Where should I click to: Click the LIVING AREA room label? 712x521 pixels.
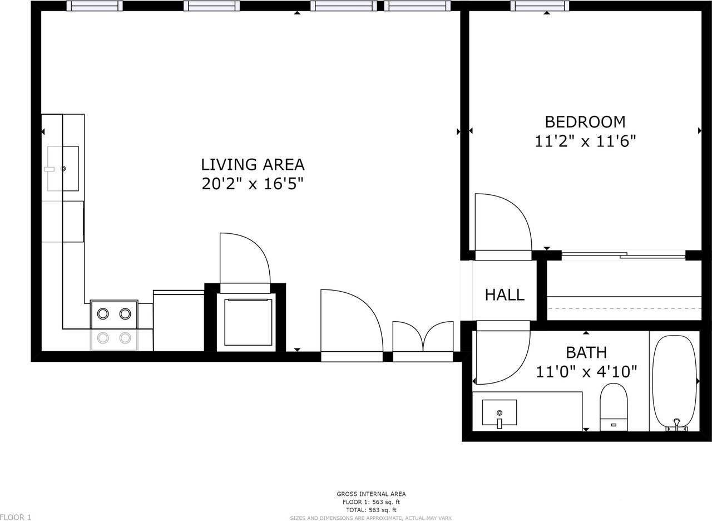[x=253, y=165]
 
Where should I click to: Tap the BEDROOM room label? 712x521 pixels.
[x=585, y=122]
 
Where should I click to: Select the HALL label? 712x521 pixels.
[x=505, y=294]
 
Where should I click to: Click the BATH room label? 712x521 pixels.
[x=586, y=352]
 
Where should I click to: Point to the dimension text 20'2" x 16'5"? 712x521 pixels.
[x=253, y=184]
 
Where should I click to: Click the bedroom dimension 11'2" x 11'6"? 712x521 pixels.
[x=585, y=141]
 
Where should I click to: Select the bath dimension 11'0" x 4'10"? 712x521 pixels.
[x=586, y=371]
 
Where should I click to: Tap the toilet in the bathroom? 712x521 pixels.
[x=614, y=406]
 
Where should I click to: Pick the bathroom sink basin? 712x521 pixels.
[x=499, y=412]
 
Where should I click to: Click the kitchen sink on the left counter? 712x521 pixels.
[x=62, y=168]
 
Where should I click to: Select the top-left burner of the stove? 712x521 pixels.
[x=103, y=314]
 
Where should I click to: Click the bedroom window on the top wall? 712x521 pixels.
[x=540, y=6]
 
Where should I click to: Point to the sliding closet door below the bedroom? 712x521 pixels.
[x=623, y=256]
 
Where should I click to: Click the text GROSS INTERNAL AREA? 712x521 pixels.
[x=371, y=494]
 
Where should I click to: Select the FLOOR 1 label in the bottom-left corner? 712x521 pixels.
[x=16, y=517]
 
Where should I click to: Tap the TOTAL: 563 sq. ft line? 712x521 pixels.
[x=371, y=510]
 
